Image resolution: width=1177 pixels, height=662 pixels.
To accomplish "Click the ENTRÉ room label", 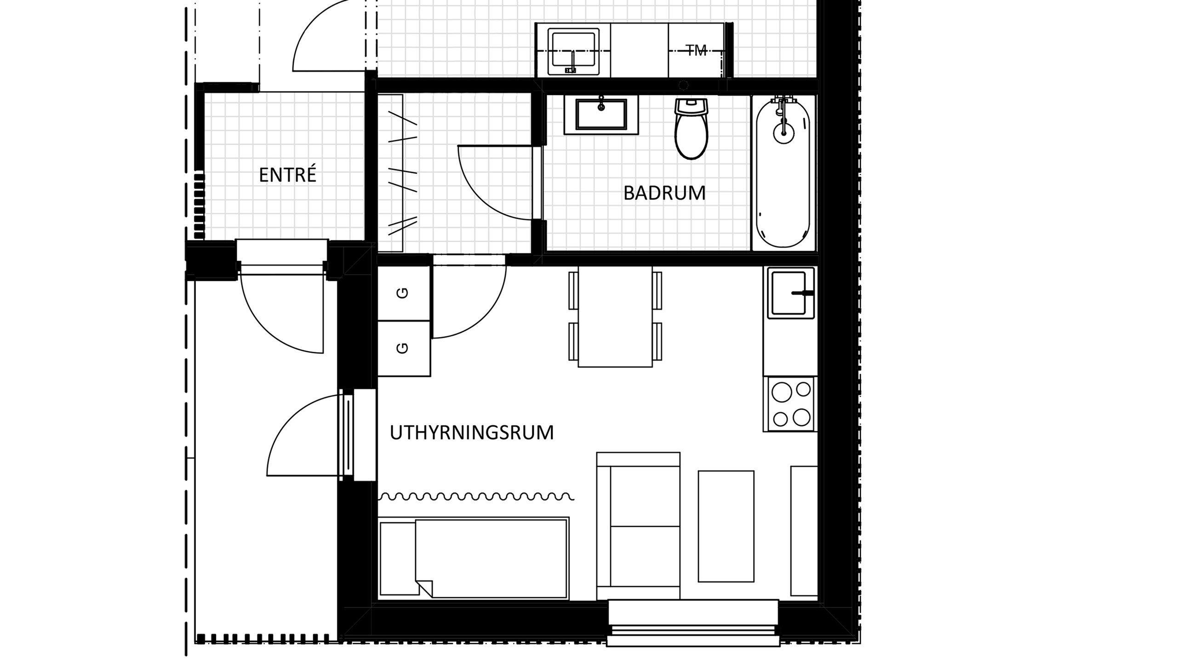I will pyautogui.click(x=287, y=175).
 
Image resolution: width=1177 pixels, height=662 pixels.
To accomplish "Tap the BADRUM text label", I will pyautogui.click(x=664, y=193).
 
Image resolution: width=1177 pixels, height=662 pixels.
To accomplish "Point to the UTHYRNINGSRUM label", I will pyautogui.click(x=472, y=433).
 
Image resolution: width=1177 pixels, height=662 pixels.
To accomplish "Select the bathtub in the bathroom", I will pyautogui.click(x=783, y=175).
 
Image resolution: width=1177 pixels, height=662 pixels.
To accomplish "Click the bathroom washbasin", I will pyautogui.click(x=601, y=115).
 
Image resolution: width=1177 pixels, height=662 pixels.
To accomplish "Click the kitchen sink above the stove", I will pyautogui.click(x=789, y=293).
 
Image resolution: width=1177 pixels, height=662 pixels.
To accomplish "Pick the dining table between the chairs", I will pyautogui.click(x=615, y=316).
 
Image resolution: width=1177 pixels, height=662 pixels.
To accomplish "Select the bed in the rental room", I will pyautogui.click(x=474, y=558).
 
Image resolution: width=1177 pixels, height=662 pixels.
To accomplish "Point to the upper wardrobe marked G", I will pyautogui.click(x=404, y=293).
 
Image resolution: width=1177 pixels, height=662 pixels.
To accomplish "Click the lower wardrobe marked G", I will pyautogui.click(x=404, y=348).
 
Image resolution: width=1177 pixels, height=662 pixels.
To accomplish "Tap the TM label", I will pyautogui.click(x=697, y=51).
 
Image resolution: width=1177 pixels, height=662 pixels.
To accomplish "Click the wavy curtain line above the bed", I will pyautogui.click(x=476, y=496).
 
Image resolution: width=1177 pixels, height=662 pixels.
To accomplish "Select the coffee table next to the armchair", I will pyautogui.click(x=726, y=526).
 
